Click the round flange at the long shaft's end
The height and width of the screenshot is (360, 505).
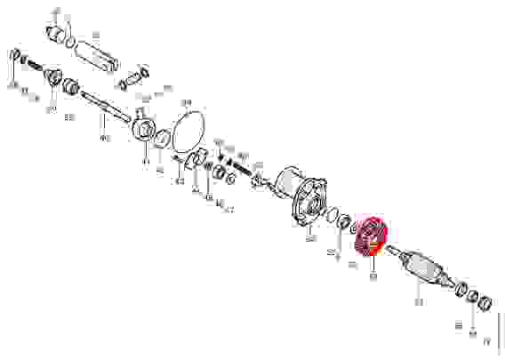[142, 126]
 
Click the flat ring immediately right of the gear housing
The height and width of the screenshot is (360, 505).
[327, 216]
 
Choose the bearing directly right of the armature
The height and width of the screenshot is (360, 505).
[461, 289]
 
